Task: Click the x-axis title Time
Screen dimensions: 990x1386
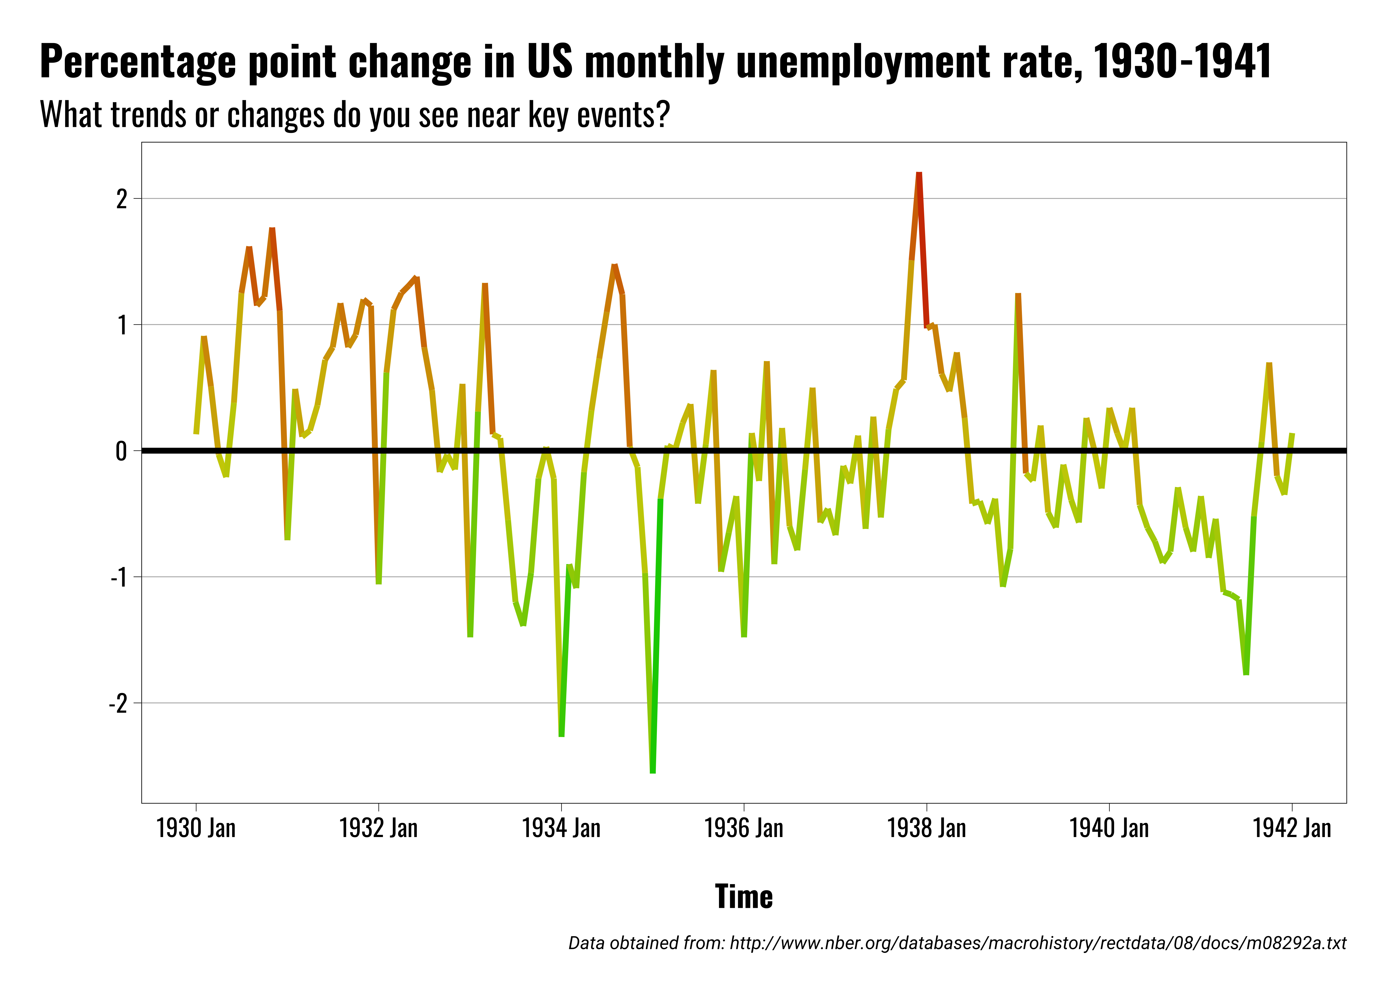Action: coord(743,897)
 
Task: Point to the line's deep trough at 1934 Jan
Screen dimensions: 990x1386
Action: coord(561,735)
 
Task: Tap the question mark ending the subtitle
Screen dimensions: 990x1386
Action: coord(664,114)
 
